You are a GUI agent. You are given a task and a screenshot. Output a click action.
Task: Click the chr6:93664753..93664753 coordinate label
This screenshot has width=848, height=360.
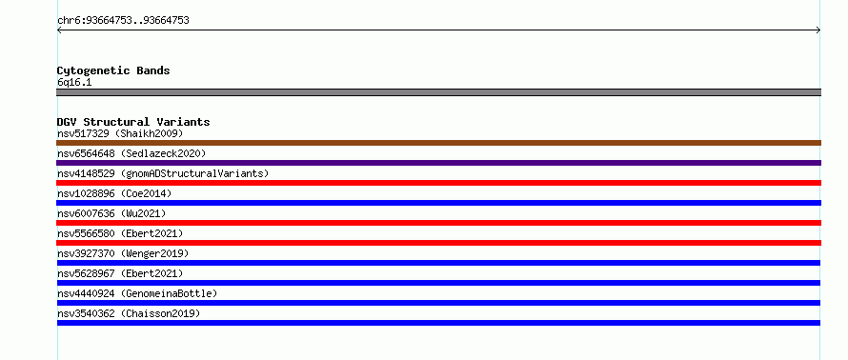point(123,21)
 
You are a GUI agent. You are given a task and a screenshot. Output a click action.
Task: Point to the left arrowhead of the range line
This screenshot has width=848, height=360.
point(59,30)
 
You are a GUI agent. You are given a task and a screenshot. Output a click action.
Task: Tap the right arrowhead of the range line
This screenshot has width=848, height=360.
point(818,30)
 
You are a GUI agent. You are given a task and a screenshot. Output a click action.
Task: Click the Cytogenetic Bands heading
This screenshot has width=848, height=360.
point(113,70)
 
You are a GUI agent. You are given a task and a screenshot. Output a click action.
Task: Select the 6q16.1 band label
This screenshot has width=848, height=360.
point(74,83)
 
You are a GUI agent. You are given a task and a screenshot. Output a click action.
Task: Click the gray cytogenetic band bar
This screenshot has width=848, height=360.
point(438,92)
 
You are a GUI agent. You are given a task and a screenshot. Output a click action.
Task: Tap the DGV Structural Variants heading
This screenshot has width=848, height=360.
point(133,122)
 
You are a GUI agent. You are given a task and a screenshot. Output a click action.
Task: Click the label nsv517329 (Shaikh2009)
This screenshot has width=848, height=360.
point(120,133)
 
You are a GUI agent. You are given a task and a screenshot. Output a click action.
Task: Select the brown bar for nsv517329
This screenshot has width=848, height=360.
point(438,143)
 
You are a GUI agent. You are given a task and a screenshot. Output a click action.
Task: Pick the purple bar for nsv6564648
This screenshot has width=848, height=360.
point(438,163)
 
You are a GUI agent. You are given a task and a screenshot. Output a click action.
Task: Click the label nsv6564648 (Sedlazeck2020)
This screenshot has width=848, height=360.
point(131,153)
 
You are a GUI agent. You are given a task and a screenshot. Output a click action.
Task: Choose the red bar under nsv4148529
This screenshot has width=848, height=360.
point(438,183)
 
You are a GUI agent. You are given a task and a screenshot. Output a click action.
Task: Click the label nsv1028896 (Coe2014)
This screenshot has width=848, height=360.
point(114,193)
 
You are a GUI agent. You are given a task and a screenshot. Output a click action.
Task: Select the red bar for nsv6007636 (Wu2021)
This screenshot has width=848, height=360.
point(438,223)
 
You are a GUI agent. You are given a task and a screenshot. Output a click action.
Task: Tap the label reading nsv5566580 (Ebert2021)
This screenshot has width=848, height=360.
point(120,233)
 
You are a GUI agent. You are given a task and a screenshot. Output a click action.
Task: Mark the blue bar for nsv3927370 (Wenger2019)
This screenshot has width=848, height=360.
point(438,263)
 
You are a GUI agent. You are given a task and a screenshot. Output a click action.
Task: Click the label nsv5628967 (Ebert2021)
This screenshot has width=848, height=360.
point(120,273)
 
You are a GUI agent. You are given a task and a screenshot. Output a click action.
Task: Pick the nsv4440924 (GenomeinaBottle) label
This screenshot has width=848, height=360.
point(137,293)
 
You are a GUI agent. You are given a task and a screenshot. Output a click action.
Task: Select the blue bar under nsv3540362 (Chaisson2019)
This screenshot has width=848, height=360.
point(438,323)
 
